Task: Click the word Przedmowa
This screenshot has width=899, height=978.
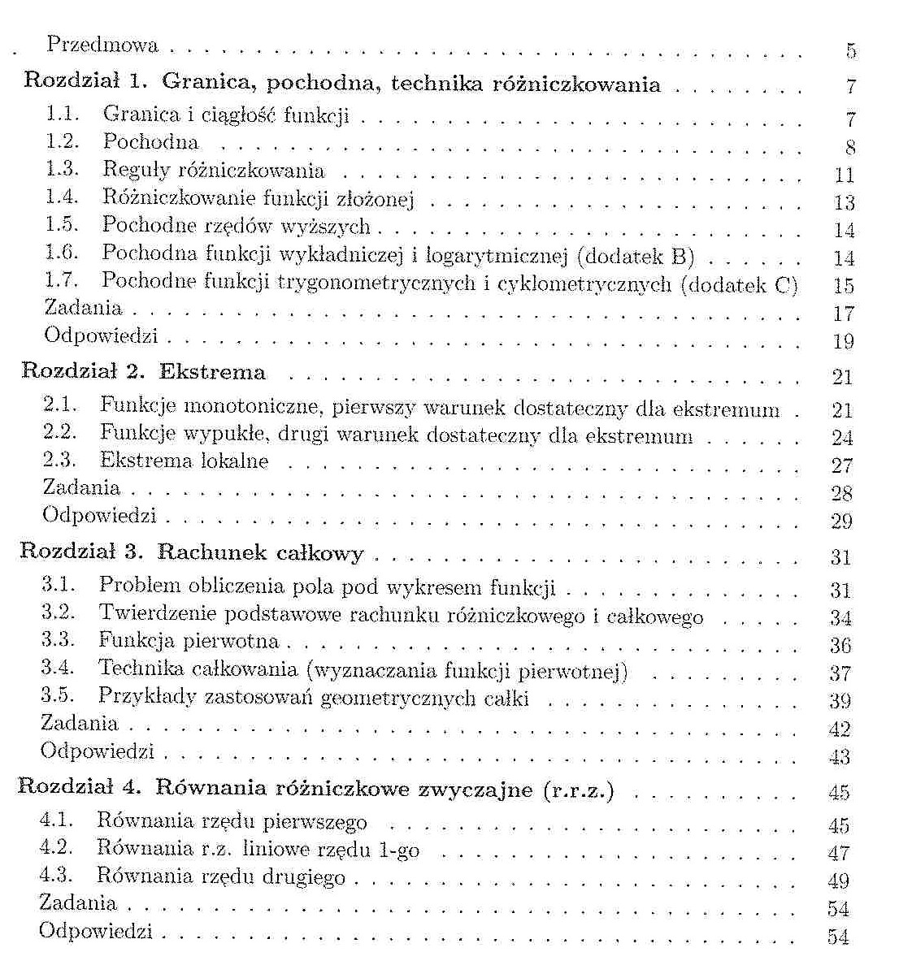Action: (x=102, y=45)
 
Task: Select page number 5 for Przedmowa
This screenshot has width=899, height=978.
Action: (x=850, y=51)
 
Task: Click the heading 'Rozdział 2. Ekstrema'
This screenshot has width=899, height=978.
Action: (x=143, y=372)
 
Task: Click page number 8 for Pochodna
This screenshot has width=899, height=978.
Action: (x=850, y=148)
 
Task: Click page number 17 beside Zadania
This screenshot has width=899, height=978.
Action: (x=844, y=314)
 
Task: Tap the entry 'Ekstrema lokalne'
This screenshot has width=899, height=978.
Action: (x=184, y=461)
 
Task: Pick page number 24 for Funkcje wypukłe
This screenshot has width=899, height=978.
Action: (x=842, y=438)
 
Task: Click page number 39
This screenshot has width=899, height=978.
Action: (x=840, y=701)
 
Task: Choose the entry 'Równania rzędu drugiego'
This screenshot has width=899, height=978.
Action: (x=220, y=876)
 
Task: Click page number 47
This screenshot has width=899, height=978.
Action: (x=839, y=853)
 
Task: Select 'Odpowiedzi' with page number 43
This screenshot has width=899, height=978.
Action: (x=98, y=751)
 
